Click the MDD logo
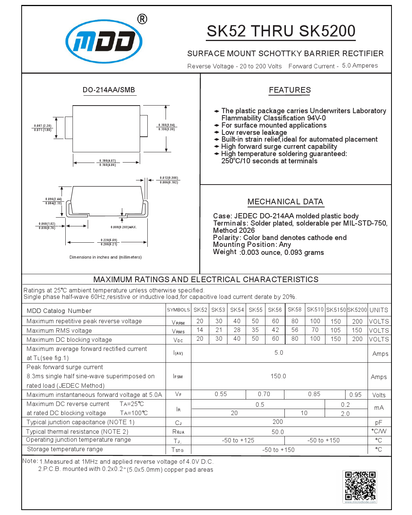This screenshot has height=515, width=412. point(104,41)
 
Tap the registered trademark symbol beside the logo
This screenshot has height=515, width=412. point(142,19)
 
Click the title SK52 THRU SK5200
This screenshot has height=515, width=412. point(281,31)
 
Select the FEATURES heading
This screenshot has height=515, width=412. point(290,90)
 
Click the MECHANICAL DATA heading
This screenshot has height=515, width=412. point(285,202)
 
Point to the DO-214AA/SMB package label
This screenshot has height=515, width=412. point(109,90)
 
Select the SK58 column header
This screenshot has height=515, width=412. point(295,310)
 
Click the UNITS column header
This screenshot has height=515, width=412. point(379,310)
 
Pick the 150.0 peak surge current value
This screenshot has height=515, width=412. point(278,376)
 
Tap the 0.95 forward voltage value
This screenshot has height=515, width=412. point(355,395)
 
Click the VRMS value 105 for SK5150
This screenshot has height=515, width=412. point(335,330)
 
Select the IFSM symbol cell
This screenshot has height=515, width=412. point(178,376)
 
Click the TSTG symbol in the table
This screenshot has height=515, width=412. point(177,450)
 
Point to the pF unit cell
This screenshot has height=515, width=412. point(379,422)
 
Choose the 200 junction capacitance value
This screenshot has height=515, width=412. point(278,422)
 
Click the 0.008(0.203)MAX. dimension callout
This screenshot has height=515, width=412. point(124,227)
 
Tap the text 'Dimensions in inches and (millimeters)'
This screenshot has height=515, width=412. point(106,257)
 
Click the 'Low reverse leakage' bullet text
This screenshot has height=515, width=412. point(254,132)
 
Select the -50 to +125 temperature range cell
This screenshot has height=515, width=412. point(238,440)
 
